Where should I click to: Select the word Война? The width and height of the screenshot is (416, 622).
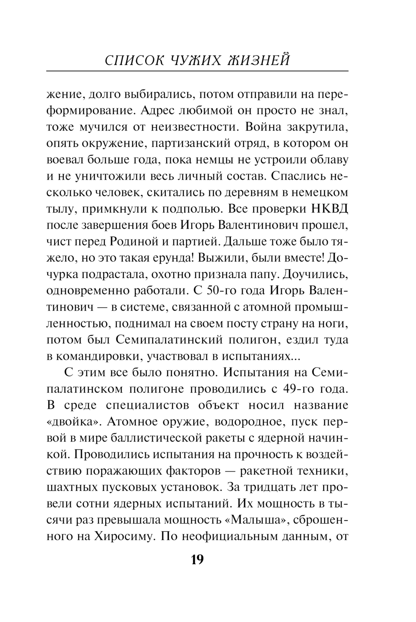(270, 126)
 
